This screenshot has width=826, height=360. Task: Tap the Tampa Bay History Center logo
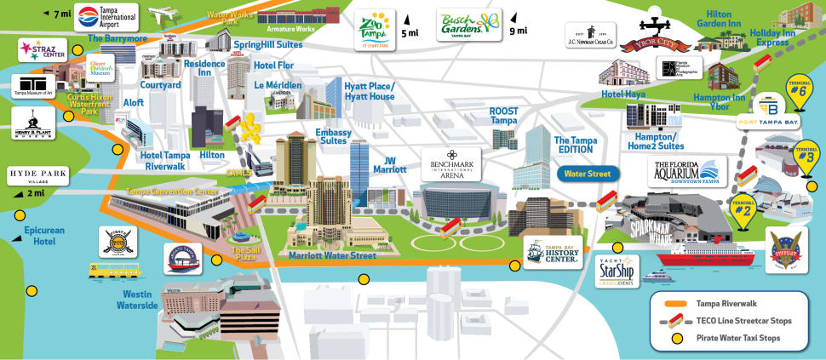(553, 252)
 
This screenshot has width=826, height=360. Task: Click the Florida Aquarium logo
(688, 171)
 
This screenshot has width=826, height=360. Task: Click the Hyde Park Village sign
(33, 176)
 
